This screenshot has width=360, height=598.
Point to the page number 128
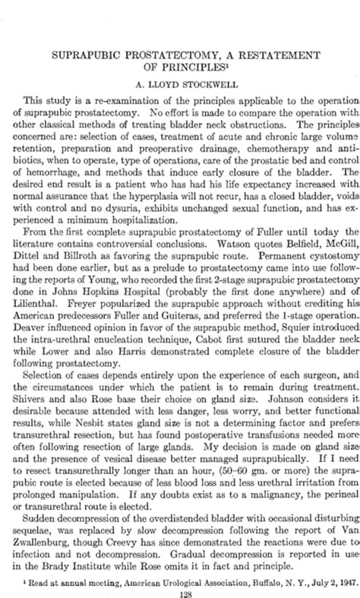click(180, 586)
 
